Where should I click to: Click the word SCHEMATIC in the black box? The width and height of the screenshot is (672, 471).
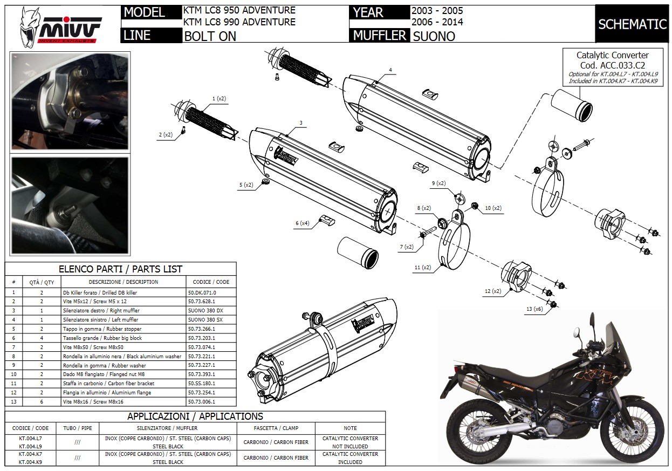(632, 24)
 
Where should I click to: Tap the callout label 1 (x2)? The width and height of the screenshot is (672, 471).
(219, 99)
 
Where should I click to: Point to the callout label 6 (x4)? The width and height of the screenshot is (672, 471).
(302, 223)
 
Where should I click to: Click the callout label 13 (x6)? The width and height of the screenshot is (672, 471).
(534, 309)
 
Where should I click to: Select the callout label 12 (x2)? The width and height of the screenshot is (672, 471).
(492, 291)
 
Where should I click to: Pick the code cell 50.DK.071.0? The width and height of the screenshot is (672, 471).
(202, 292)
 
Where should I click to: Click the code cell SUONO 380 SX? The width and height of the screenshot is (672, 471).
(205, 320)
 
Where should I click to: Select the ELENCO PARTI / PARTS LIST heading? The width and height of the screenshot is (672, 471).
(120, 269)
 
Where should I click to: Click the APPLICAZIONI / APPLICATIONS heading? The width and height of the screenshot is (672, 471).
(195, 416)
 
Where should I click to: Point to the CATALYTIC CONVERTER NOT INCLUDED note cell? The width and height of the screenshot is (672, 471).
(350, 442)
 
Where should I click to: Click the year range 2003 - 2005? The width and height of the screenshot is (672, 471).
(437, 10)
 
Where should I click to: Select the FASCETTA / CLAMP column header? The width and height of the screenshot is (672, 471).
(276, 428)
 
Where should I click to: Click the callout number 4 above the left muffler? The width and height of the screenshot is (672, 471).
(390, 70)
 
